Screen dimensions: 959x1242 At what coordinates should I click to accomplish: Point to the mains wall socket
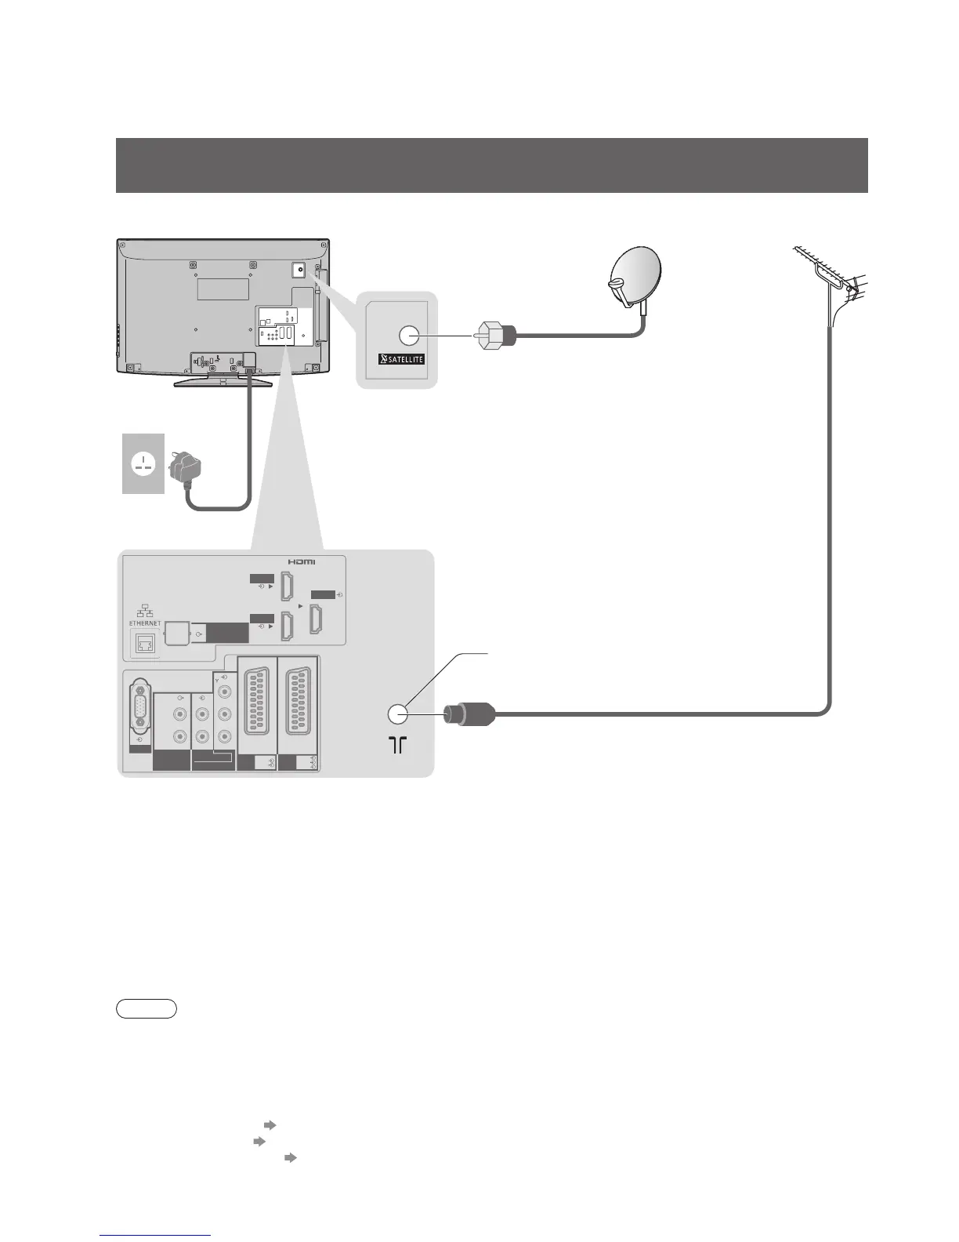pyautogui.click(x=143, y=463)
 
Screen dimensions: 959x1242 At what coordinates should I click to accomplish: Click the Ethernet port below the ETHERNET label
pyautogui.click(x=146, y=643)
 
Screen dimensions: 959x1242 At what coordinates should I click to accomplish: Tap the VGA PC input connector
pyautogui.click(x=139, y=716)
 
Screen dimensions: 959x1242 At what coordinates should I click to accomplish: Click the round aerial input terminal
pyautogui.click(x=397, y=714)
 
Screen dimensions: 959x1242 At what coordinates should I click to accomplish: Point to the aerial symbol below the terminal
pyautogui.click(x=398, y=745)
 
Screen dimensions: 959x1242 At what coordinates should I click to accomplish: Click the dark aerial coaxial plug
pyautogui.click(x=468, y=714)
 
